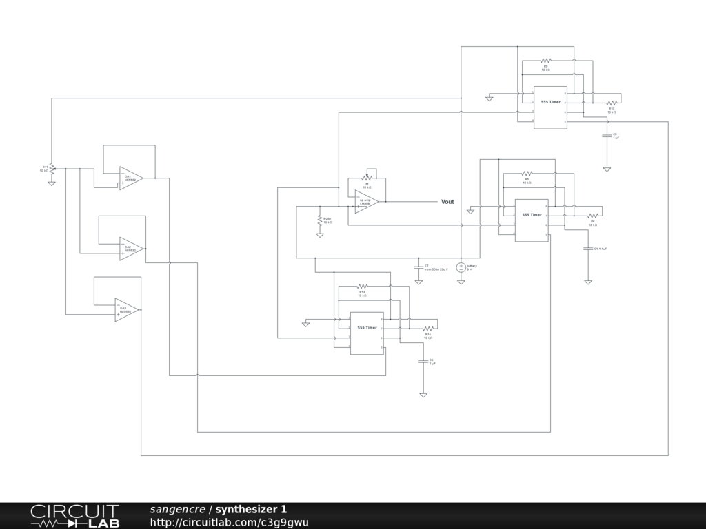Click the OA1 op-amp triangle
point(130,178)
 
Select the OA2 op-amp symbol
point(130,249)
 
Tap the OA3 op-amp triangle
point(127,310)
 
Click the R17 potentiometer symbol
point(52,168)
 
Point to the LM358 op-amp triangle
point(366,202)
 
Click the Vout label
point(447,202)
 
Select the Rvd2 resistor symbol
point(320,220)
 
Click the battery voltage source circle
point(461,267)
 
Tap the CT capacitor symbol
point(418,267)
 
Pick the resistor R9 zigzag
point(546,61)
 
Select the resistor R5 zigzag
point(527,174)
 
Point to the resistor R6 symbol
point(592,216)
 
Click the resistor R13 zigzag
point(362,286)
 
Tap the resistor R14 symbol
point(427,329)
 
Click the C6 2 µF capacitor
point(423,362)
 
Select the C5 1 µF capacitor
point(607,136)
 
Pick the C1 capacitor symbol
point(587,248)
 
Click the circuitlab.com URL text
point(229,522)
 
